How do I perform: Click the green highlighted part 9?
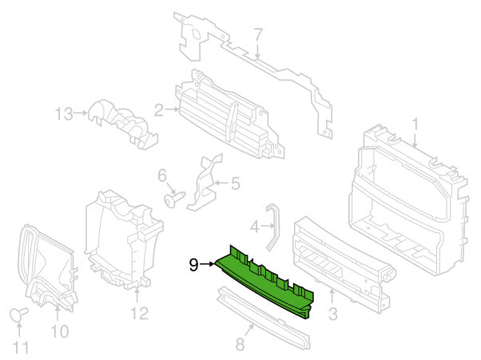click(264, 282)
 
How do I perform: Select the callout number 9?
click(194, 264)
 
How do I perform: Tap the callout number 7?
click(258, 35)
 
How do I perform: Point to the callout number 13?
click(64, 113)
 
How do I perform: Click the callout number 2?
click(158, 110)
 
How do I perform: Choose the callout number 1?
click(415, 125)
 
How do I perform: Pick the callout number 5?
click(235, 184)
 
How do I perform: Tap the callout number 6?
click(162, 176)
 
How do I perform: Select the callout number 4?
click(255, 227)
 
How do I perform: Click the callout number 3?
click(333, 314)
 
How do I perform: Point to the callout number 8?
click(240, 344)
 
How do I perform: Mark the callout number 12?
click(140, 313)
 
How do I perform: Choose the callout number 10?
click(59, 331)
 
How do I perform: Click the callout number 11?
click(21, 347)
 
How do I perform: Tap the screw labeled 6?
click(174, 199)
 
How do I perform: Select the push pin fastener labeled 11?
click(19, 315)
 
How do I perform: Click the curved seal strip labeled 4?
click(272, 227)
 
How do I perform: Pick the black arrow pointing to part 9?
click(207, 263)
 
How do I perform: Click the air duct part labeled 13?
click(123, 124)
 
